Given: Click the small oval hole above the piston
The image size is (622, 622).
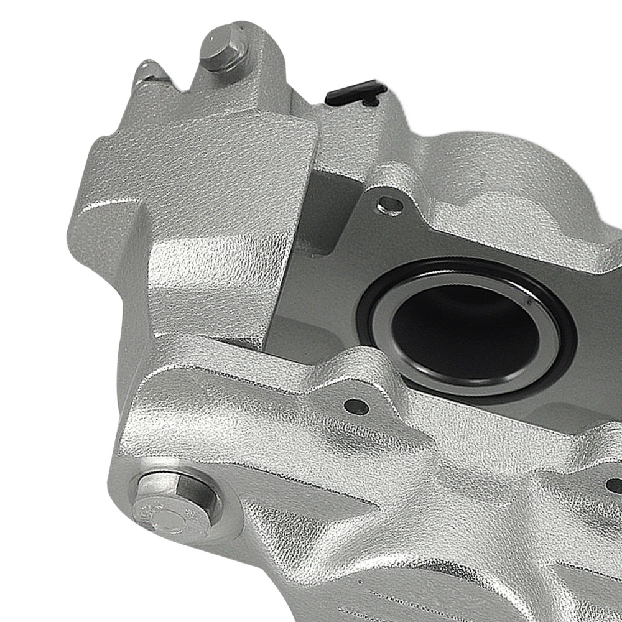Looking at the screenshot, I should pyautogui.click(x=391, y=203).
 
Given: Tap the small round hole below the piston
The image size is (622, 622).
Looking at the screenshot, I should pyautogui.click(x=356, y=406).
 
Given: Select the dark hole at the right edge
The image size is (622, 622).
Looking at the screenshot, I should pyautogui.click(x=615, y=486).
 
